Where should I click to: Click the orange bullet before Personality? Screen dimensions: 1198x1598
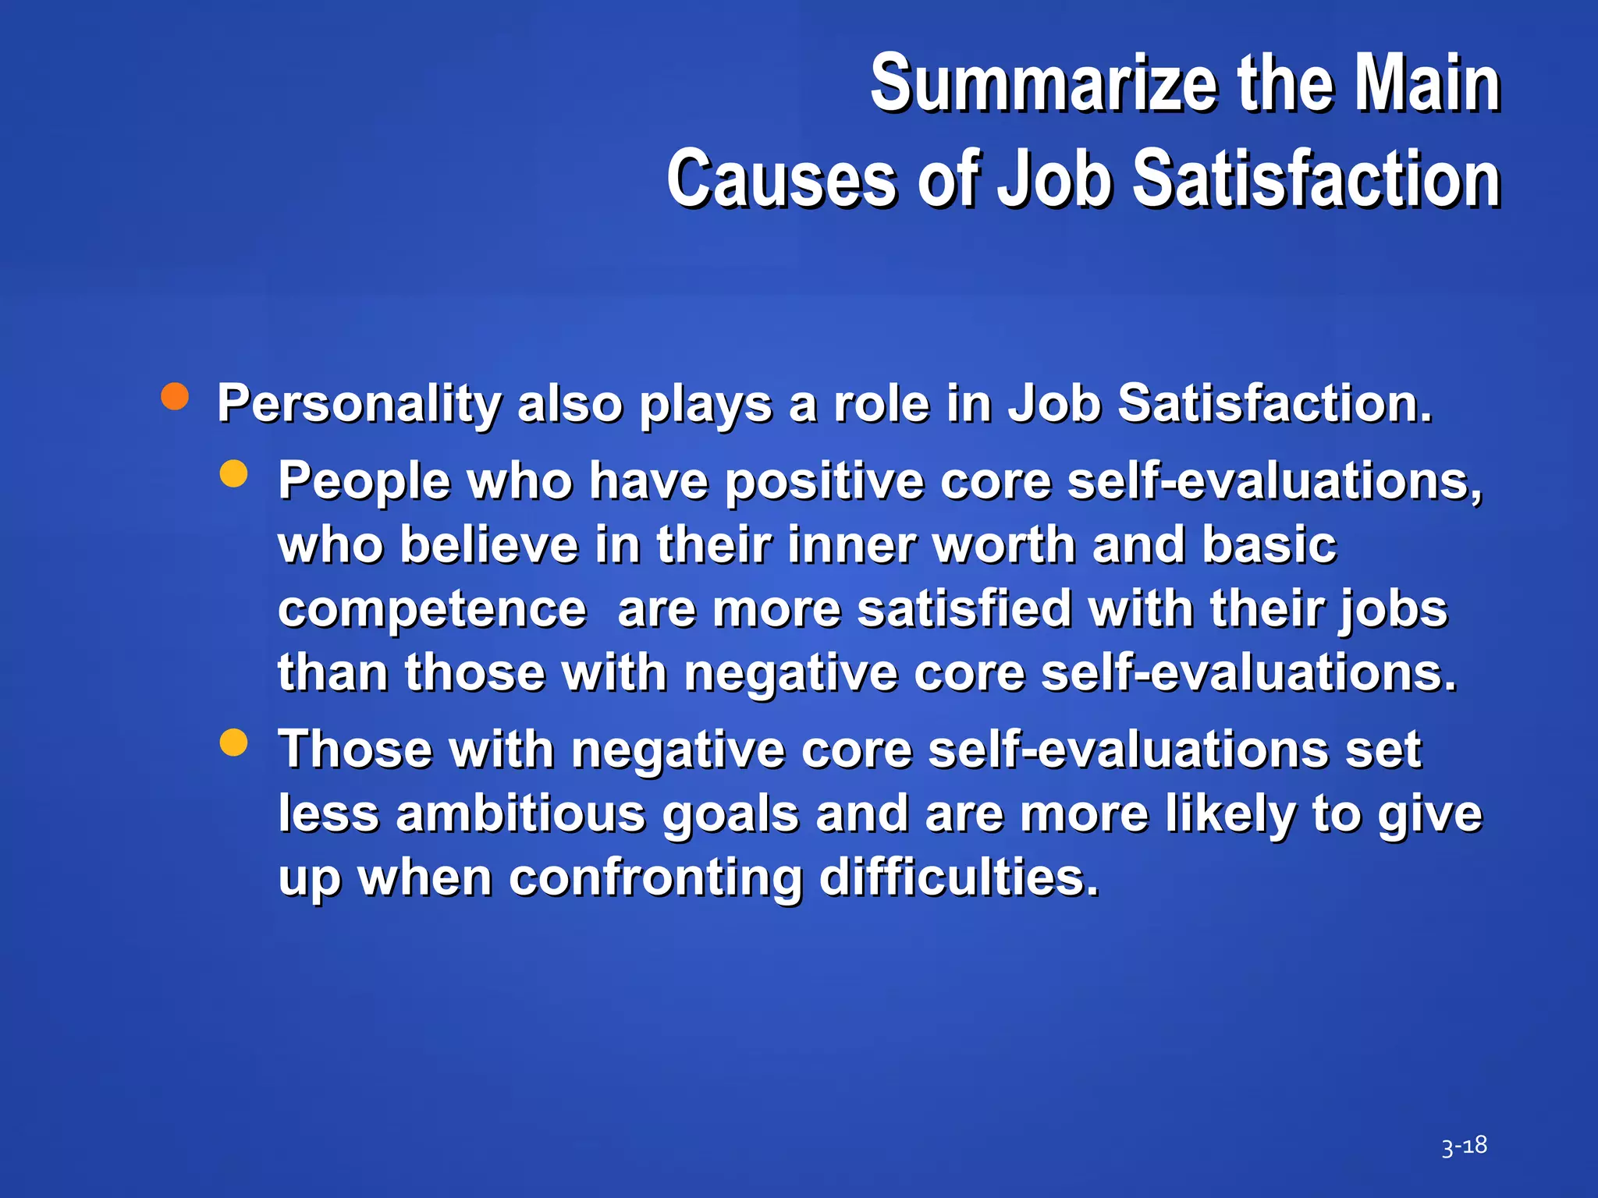tap(175, 396)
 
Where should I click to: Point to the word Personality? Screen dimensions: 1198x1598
tap(359, 404)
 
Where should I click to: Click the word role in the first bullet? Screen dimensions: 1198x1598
tap(881, 404)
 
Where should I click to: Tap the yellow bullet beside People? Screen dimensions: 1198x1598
tap(234, 473)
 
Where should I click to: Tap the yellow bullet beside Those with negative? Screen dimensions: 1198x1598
tap(234, 743)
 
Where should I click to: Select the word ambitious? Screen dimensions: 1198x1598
tap(520, 814)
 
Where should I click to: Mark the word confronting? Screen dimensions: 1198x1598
tap(655, 879)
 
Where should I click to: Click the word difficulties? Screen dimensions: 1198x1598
tap(959, 877)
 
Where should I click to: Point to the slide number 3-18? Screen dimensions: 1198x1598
tap(1464, 1146)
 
